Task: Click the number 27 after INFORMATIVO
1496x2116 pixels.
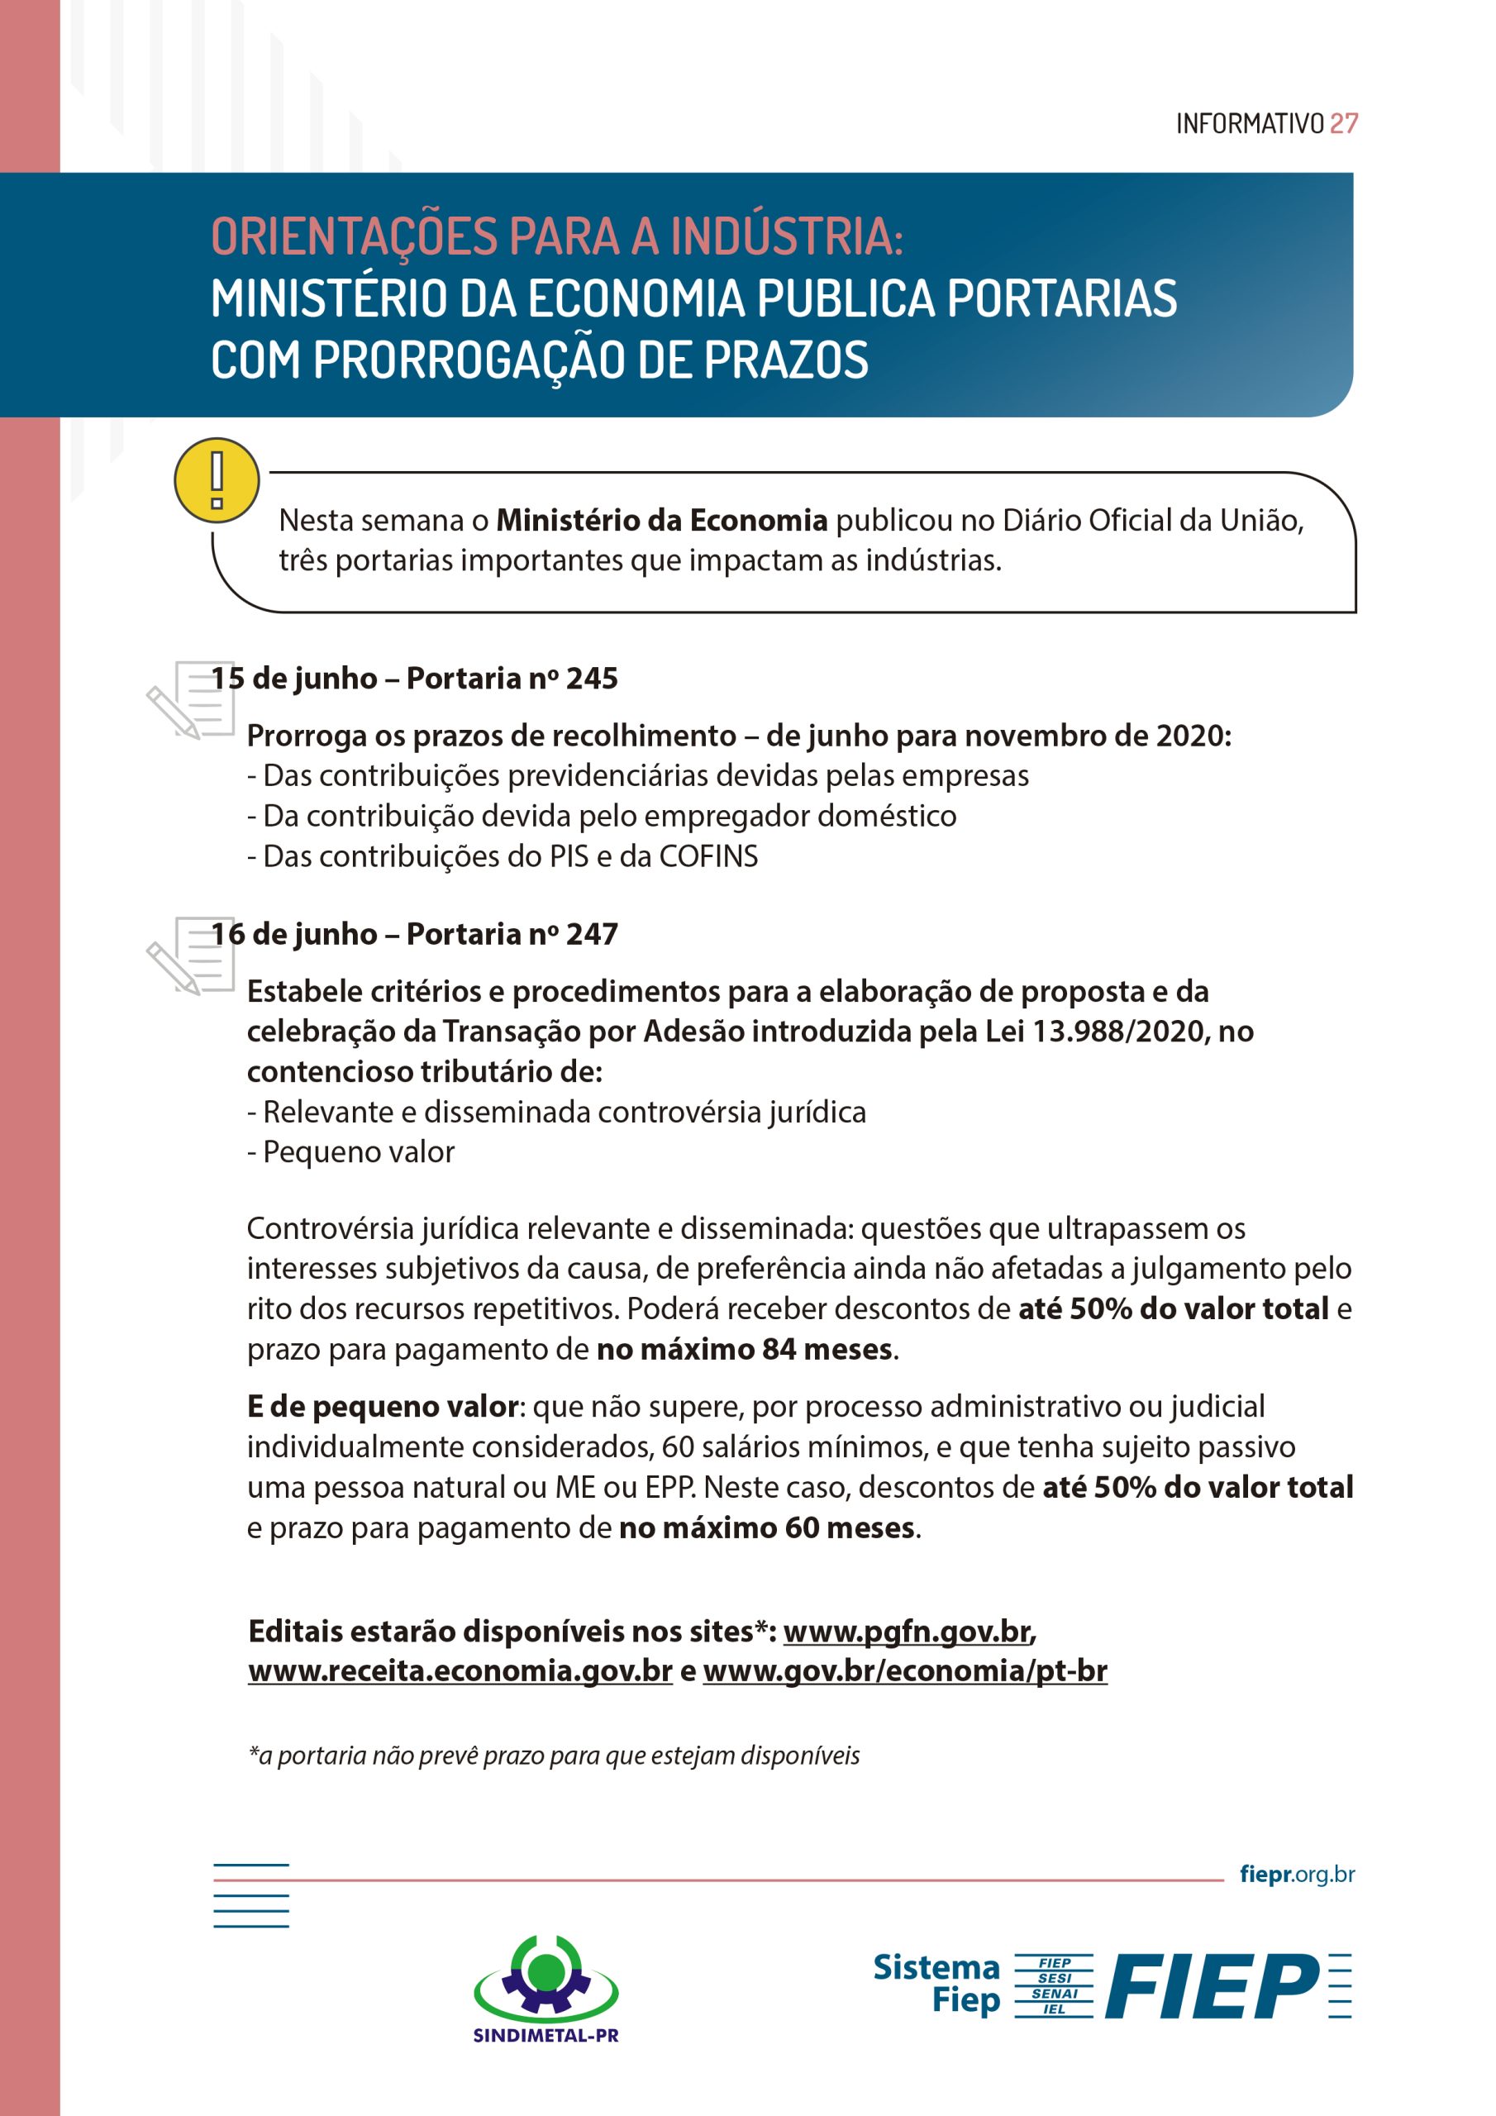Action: tap(1343, 123)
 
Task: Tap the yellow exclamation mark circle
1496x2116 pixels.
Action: tap(217, 480)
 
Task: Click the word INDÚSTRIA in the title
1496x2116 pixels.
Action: tap(786, 237)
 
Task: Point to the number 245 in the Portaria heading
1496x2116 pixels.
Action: tap(592, 679)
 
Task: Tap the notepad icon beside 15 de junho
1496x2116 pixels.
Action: tap(192, 699)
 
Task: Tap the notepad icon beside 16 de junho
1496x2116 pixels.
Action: tap(192, 956)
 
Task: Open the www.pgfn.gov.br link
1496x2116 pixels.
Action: tap(907, 1632)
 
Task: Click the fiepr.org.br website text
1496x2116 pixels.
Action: tap(1297, 1874)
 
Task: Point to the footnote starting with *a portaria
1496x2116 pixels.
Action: tap(554, 1756)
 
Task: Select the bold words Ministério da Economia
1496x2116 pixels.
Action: tap(662, 521)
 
